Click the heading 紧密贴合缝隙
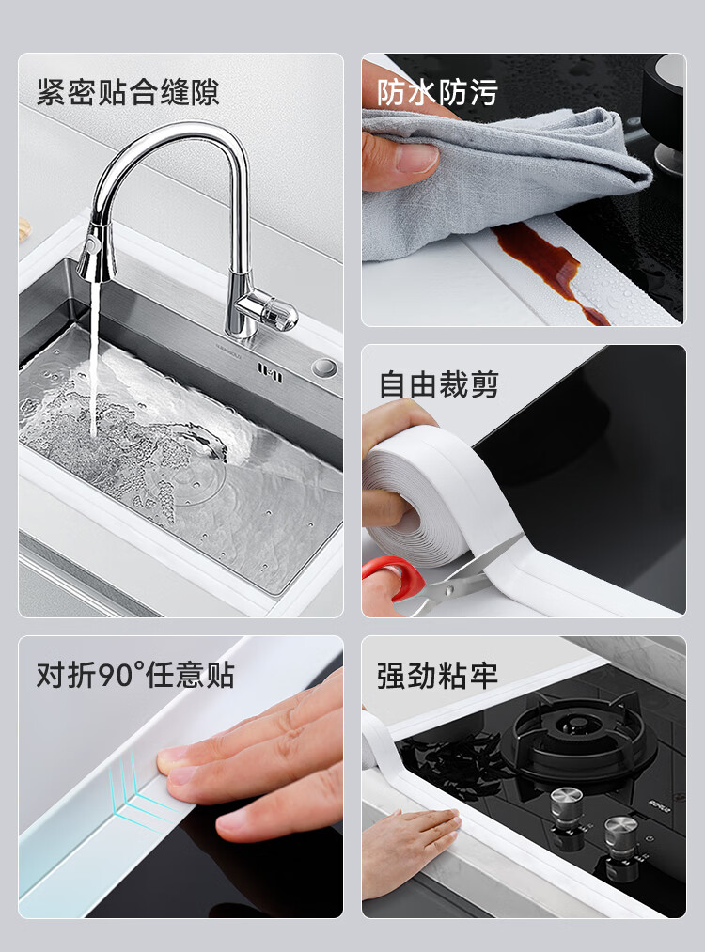(x=128, y=92)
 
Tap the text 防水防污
(x=437, y=92)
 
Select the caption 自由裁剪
(x=438, y=385)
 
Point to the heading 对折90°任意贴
(x=135, y=675)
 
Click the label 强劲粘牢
(x=437, y=676)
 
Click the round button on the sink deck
(x=324, y=368)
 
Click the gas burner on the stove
(x=578, y=738)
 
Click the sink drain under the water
(x=200, y=471)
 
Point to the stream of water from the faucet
(x=94, y=358)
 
